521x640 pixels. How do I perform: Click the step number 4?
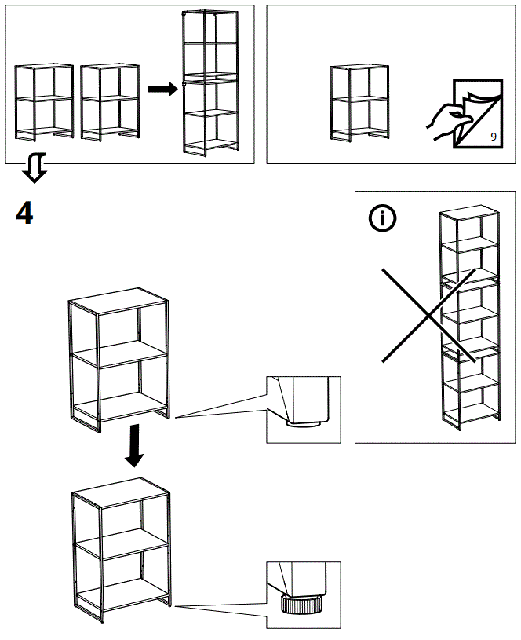25,213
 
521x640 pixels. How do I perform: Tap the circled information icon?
383,219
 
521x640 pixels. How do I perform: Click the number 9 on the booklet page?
493,137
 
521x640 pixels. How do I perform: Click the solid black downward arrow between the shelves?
135,444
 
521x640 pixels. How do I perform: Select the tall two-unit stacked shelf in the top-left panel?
209,81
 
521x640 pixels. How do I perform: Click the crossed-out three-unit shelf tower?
469,318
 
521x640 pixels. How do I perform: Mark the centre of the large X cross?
428,314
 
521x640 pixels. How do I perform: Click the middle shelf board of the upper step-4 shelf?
122,356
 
